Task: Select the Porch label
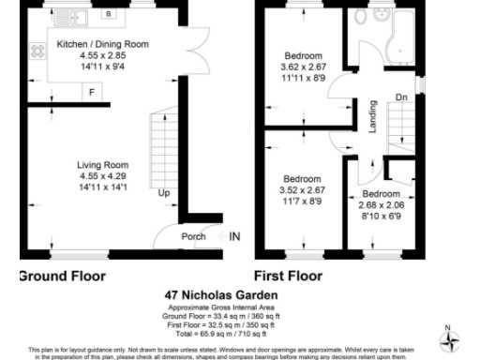(193, 236)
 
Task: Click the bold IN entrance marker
(234, 236)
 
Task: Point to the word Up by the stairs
(163, 194)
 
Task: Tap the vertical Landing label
(372, 116)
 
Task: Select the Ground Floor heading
(62, 277)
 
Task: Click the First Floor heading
(290, 277)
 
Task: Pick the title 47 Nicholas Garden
(221, 295)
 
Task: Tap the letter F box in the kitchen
(91, 92)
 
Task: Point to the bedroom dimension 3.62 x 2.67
(303, 67)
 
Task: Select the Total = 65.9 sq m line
(221, 334)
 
